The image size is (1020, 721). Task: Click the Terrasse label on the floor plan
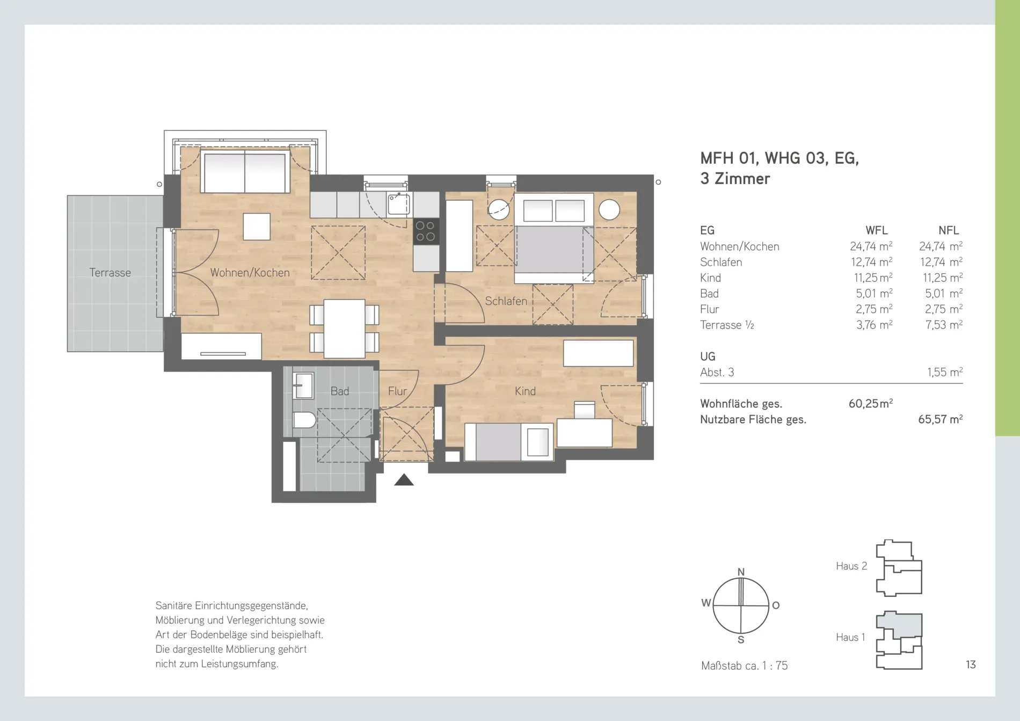pyautogui.click(x=110, y=273)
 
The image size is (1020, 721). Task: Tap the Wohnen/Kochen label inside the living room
pyautogui.click(x=250, y=273)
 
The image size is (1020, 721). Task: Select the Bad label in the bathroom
pyautogui.click(x=340, y=391)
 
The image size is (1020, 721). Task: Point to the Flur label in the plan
pyautogui.click(x=397, y=391)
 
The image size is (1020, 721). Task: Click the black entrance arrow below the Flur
pyautogui.click(x=404, y=480)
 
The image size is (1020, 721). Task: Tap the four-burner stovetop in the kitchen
pyautogui.click(x=426, y=231)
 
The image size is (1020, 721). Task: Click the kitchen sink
pyautogui.click(x=399, y=204)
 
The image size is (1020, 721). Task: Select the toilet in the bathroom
pyautogui.click(x=304, y=420)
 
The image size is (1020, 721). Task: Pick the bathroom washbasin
pyautogui.click(x=303, y=385)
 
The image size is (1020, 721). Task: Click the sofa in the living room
pyautogui.click(x=245, y=172)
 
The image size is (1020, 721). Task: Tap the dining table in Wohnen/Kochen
pyautogui.click(x=345, y=329)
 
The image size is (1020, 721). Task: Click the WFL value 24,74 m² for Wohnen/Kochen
pyautogui.click(x=871, y=246)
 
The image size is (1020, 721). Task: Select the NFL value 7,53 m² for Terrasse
pyautogui.click(x=944, y=325)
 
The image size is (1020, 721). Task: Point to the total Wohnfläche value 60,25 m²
pyautogui.click(x=871, y=404)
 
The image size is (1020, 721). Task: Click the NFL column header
pyautogui.click(x=949, y=230)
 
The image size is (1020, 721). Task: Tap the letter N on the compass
pyautogui.click(x=741, y=572)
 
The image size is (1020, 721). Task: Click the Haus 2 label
pyautogui.click(x=851, y=566)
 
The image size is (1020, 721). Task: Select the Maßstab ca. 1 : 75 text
pyautogui.click(x=744, y=666)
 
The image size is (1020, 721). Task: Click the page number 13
pyautogui.click(x=971, y=665)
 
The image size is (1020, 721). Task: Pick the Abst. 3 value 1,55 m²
pyautogui.click(x=945, y=372)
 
